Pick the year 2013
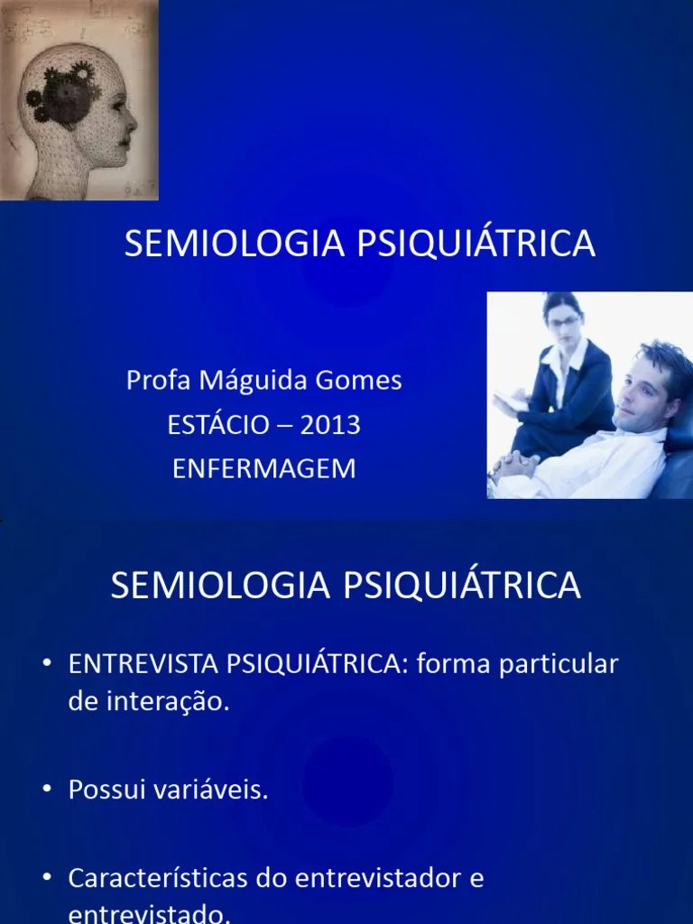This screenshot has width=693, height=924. click(330, 425)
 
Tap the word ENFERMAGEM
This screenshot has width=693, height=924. click(263, 469)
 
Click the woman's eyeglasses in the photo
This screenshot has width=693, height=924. click(564, 320)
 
